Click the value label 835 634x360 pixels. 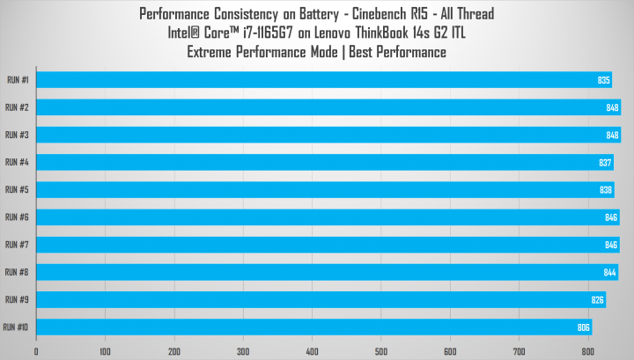point(604,80)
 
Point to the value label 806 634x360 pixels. point(583,327)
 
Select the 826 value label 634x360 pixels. point(597,300)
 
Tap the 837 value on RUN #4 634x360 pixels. point(605,163)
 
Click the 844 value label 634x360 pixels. point(609,273)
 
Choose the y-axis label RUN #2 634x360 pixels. point(18,107)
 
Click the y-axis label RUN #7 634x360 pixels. point(18,245)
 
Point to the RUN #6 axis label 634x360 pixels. point(18,217)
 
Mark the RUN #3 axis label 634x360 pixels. point(18,135)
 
